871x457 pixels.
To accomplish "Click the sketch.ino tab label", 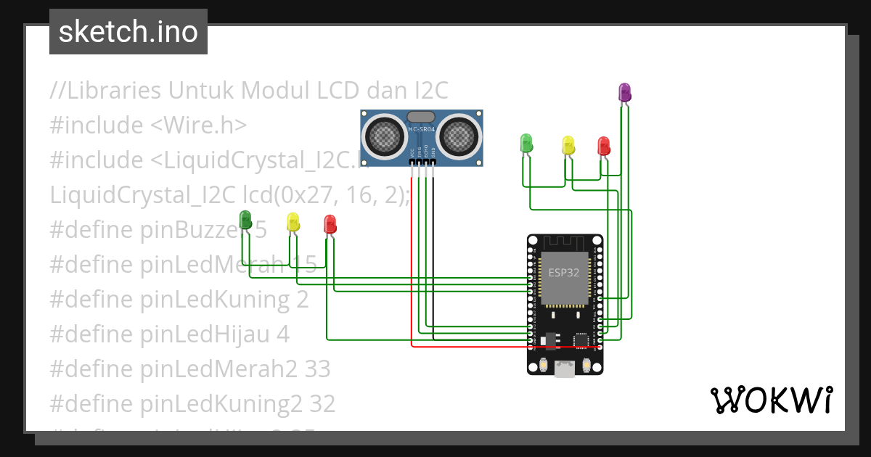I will click(x=128, y=32).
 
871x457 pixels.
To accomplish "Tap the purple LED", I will click(x=624, y=92).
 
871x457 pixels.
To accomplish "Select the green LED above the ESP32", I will click(x=527, y=143).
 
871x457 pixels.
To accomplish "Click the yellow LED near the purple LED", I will click(x=568, y=145).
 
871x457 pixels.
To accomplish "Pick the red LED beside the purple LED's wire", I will click(x=603, y=146).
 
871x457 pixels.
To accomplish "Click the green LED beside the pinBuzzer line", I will click(x=245, y=219).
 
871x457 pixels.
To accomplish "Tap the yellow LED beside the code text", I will click(x=293, y=222).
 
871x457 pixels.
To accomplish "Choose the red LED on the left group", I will click(x=330, y=223).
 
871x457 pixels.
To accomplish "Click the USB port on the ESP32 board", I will click(x=564, y=369).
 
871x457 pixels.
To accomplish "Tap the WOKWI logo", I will click(x=771, y=400).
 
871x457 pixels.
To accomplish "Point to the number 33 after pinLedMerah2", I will click(x=317, y=369).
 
